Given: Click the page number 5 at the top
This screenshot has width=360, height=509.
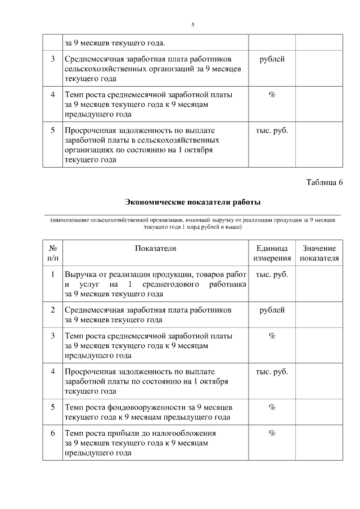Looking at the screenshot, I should (x=193, y=25).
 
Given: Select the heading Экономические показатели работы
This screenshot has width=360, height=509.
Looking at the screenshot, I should (x=192, y=202).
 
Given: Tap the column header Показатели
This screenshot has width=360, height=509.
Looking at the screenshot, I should (x=156, y=248).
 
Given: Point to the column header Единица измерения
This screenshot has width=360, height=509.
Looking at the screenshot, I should (x=272, y=253).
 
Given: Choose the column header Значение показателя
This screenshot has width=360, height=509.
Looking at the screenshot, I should (x=319, y=253).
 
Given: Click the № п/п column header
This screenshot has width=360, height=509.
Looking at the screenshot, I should (x=52, y=253).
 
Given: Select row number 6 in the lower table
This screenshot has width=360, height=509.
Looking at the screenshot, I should (x=52, y=433).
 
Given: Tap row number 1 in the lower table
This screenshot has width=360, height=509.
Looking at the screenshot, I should (x=52, y=274).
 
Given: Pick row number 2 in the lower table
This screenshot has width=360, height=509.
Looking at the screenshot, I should (x=52, y=310).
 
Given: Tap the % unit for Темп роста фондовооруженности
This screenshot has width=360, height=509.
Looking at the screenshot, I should (x=272, y=407).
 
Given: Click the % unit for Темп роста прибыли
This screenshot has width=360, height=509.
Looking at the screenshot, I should (x=272, y=433).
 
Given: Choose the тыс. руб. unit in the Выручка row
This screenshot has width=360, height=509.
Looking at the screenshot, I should (x=272, y=274).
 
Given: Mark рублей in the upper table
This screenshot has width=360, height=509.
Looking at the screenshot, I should (x=272, y=59).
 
